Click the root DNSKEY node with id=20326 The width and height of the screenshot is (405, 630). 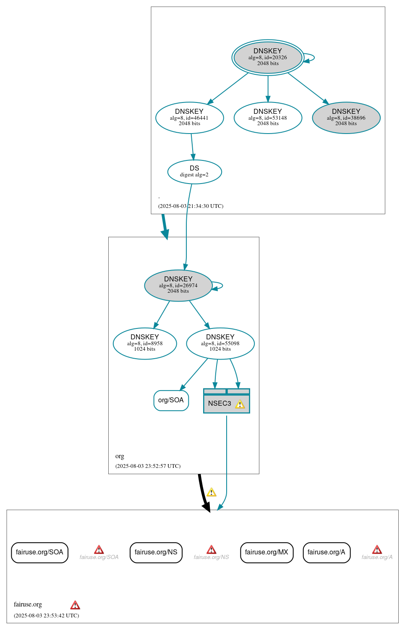coord(268,58)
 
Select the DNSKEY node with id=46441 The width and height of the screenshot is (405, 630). coord(189,118)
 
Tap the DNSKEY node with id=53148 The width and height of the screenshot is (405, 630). coord(268,118)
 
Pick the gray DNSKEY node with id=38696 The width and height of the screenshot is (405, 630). coord(346,118)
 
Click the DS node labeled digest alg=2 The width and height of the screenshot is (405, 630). coord(194,172)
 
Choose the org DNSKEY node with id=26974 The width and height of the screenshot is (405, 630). coord(178,285)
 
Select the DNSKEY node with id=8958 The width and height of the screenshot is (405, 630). coord(145,343)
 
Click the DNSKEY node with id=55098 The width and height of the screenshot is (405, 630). coord(220,343)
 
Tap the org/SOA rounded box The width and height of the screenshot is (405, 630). coord(171,400)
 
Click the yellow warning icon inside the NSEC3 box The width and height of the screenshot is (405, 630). coord(240,404)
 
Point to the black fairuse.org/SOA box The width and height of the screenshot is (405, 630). coord(39,552)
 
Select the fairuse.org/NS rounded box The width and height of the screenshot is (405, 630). coord(156,552)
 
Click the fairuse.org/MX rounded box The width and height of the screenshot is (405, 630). coord(267,552)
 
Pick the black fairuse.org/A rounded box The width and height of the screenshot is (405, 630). coord(326,552)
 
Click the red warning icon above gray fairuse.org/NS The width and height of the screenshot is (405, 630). coord(212,550)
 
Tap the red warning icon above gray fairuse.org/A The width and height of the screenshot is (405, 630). coord(377,550)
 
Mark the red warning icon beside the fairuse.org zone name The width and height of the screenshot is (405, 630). coord(75,605)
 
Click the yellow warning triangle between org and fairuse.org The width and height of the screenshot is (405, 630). coord(212,492)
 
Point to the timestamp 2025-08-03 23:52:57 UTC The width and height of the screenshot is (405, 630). coord(148,466)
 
